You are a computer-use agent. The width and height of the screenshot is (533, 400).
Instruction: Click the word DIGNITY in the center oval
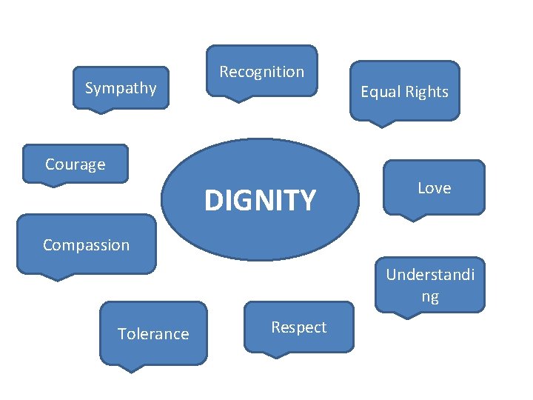pyautogui.click(x=260, y=200)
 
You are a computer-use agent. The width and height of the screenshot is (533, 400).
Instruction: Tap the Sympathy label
pyautogui.click(x=121, y=89)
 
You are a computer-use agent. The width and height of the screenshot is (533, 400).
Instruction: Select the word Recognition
pyautogui.click(x=261, y=72)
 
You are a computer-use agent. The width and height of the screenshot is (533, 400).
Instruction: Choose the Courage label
pyautogui.click(x=75, y=164)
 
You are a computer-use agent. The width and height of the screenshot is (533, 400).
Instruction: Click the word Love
pyautogui.click(x=434, y=188)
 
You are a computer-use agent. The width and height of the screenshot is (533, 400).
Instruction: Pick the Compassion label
pyautogui.click(x=86, y=245)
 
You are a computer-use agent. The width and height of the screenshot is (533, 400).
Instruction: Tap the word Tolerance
pyautogui.click(x=153, y=334)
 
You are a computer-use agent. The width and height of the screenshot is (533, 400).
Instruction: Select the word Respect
pyautogui.click(x=298, y=327)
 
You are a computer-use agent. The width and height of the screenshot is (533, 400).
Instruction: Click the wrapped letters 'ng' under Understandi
pyautogui.click(x=430, y=297)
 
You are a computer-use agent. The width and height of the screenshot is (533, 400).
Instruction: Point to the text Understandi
pyautogui.click(x=430, y=275)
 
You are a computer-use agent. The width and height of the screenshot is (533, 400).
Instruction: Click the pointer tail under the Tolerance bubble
pyautogui.click(x=131, y=367)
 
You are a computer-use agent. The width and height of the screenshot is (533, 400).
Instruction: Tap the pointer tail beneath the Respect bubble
pyautogui.click(x=275, y=354)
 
